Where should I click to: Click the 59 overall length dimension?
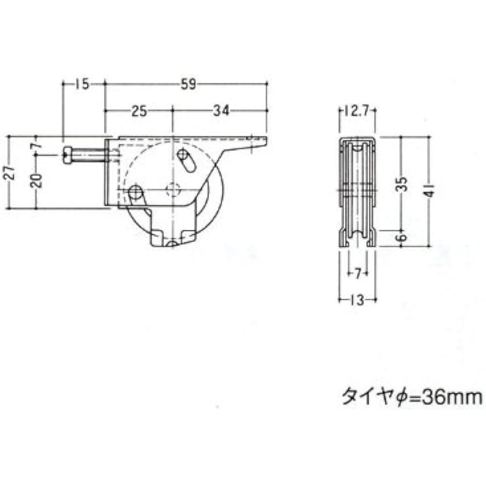[188, 84]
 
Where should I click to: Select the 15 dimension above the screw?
[82, 84]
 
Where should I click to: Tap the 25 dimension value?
[139, 111]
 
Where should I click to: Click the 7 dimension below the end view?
[357, 274]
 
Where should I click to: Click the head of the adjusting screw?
[68, 155]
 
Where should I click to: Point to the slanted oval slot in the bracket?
[187, 161]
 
